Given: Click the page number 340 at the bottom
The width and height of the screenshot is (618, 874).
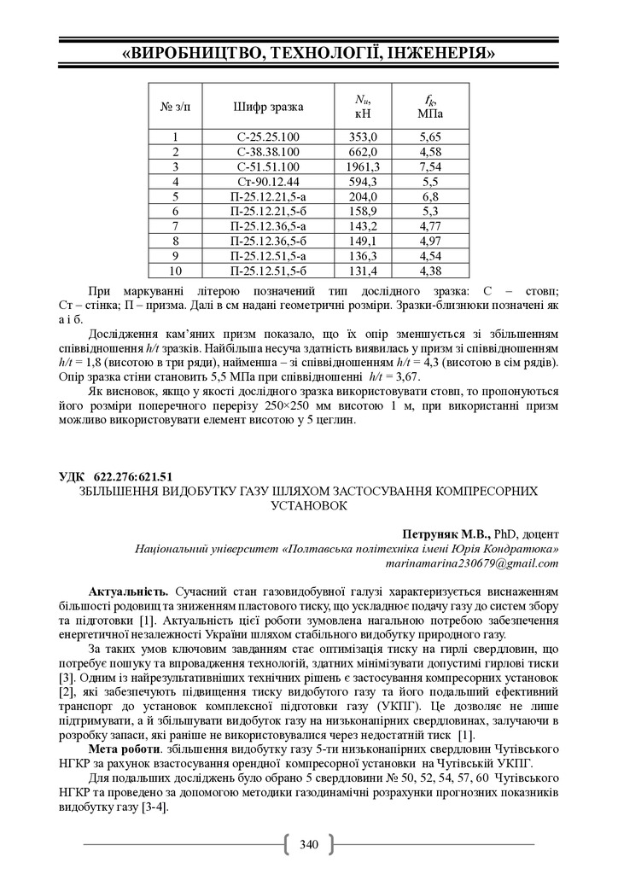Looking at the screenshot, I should pyautogui.click(x=308, y=845).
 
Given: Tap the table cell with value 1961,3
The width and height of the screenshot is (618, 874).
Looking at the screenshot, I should pyautogui.click(x=368, y=166).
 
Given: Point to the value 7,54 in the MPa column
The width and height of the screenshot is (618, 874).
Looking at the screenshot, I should pyautogui.click(x=430, y=166).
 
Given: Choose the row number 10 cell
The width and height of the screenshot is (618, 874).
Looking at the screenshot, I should pyautogui.click(x=176, y=271).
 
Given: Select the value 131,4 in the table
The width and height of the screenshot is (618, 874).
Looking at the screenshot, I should pyautogui.click(x=368, y=271).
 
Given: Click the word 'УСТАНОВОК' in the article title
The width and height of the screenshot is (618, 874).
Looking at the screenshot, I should pyautogui.click(x=308, y=505).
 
